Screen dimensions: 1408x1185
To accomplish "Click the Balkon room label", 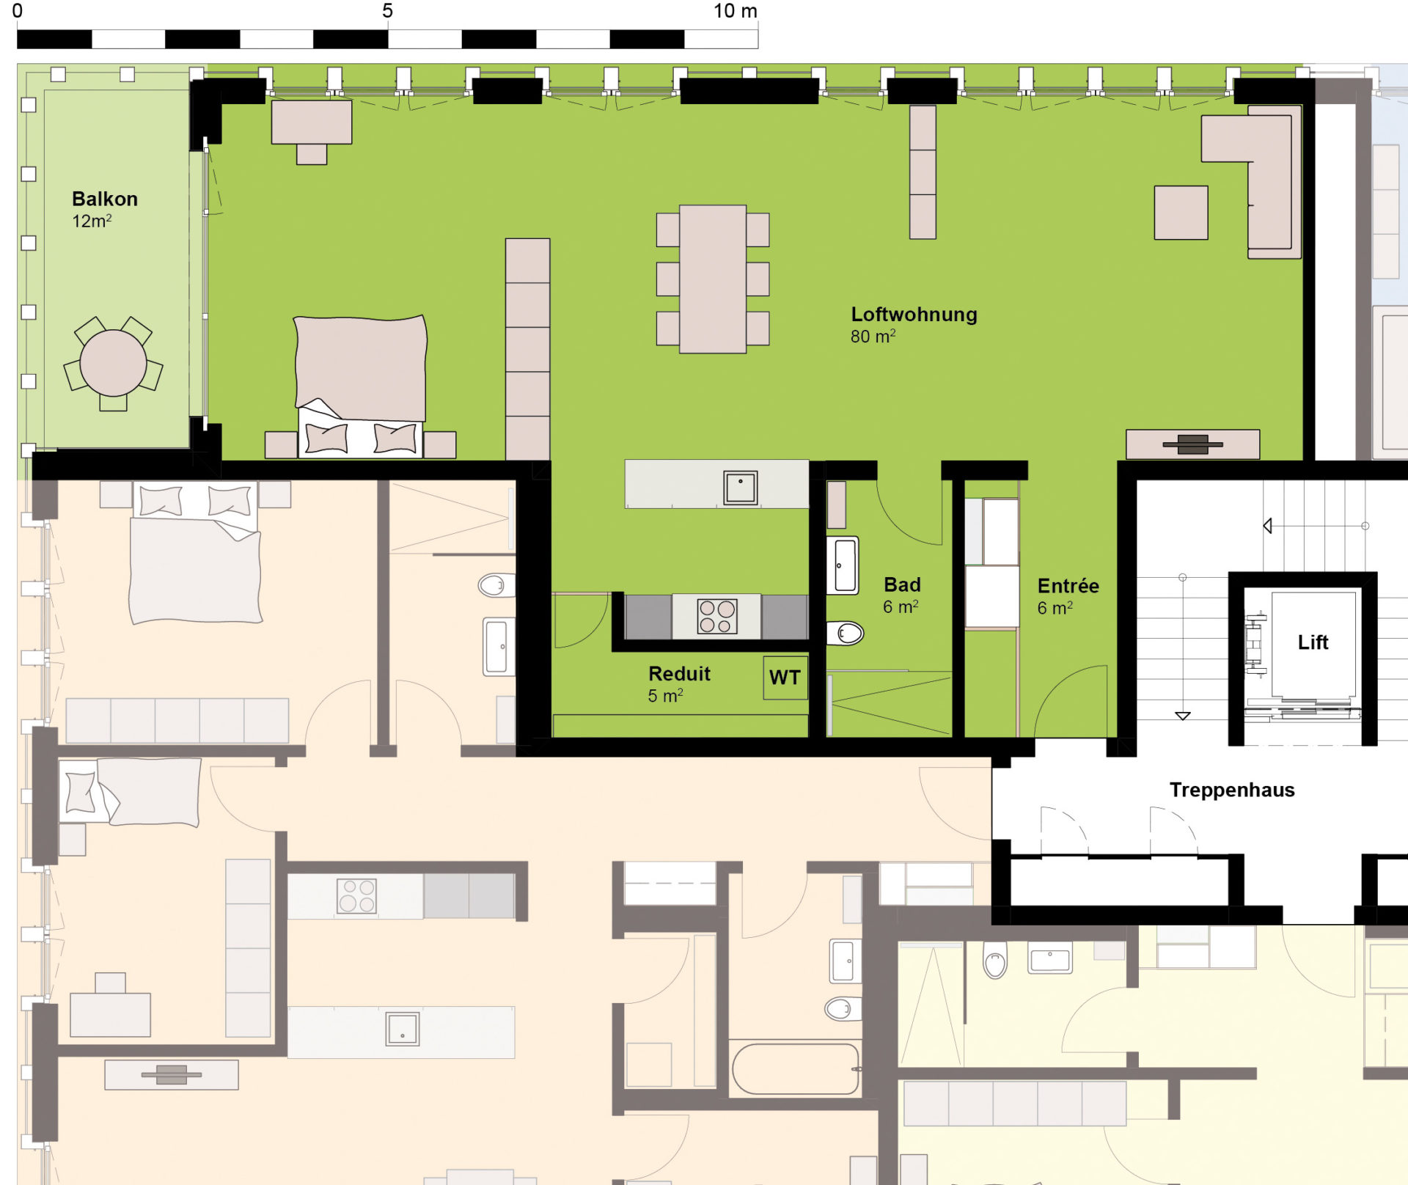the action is pyautogui.click(x=105, y=199).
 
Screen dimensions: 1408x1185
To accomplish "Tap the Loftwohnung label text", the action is pyautogui.click(x=914, y=315).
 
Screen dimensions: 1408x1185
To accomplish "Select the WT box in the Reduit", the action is pyautogui.click(x=785, y=678).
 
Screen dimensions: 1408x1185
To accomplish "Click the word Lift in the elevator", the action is pyautogui.click(x=1313, y=642).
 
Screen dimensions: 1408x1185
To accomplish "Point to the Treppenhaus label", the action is pyautogui.click(x=1232, y=790).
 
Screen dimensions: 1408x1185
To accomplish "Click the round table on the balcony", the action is pyautogui.click(x=113, y=363).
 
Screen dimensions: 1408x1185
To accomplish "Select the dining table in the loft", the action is pyautogui.click(x=713, y=279).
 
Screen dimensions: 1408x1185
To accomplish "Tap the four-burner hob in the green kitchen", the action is pyautogui.click(x=717, y=616).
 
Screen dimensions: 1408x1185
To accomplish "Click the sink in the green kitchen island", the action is pyautogui.click(x=740, y=488).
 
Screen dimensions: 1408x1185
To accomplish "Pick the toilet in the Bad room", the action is pyautogui.click(x=846, y=633).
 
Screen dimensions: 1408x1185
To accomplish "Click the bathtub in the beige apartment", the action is pyautogui.click(x=796, y=1069).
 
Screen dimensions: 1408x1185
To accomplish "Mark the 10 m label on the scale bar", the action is pyautogui.click(x=736, y=11).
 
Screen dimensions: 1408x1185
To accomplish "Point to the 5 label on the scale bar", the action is pyautogui.click(x=387, y=11).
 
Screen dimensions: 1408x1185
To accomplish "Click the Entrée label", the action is pyautogui.click(x=1068, y=586).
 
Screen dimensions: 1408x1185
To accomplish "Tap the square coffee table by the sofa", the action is pyautogui.click(x=1181, y=213).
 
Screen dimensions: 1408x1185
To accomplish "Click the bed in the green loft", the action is pyautogui.click(x=360, y=386).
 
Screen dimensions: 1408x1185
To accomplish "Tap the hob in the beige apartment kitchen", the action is pyautogui.click(x=356, y=896).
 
